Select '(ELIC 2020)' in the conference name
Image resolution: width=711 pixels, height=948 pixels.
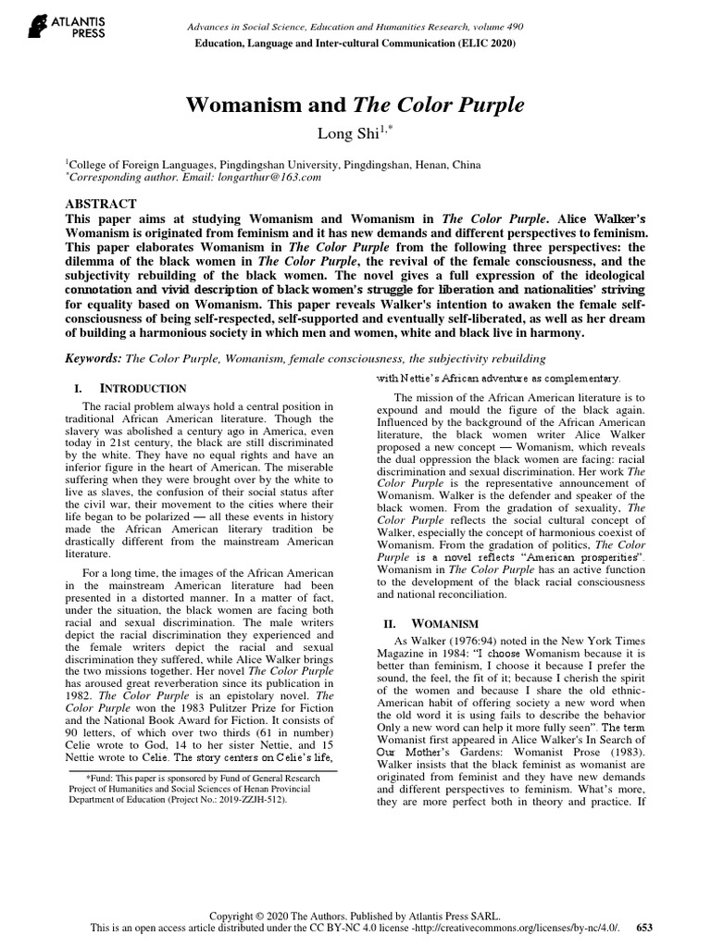(x=483, y=43)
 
